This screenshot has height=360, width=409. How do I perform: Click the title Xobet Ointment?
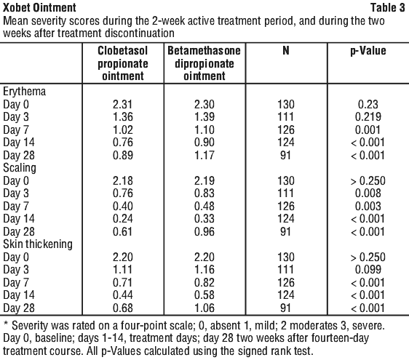point(39,7)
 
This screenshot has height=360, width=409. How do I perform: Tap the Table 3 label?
point(387,7)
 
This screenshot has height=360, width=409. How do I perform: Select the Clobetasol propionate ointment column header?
point(123,63)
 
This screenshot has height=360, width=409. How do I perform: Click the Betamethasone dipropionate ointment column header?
point(204,63)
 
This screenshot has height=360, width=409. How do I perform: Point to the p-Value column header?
point(368,51)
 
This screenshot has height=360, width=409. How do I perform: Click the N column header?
point(286,51)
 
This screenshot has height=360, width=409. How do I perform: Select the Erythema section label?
point(24,92)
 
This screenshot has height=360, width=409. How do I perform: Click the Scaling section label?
point(20,168)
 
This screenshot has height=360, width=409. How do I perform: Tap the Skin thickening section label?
point(38,244)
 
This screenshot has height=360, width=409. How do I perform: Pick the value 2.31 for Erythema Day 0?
point(123,104)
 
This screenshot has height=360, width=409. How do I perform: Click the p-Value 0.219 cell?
point(368,117)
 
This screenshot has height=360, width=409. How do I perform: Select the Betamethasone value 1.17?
point(204,155)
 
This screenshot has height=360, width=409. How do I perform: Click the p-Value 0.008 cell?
point(368,193)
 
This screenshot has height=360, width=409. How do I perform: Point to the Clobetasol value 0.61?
point(123,231)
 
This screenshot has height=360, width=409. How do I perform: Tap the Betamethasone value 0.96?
point(204,231)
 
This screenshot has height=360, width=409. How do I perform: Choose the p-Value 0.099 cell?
point(368,270)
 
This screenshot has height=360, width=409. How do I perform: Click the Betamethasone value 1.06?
point(204,308)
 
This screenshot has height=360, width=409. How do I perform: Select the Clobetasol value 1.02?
point(123,130)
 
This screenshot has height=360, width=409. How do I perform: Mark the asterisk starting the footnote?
point(6,324)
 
